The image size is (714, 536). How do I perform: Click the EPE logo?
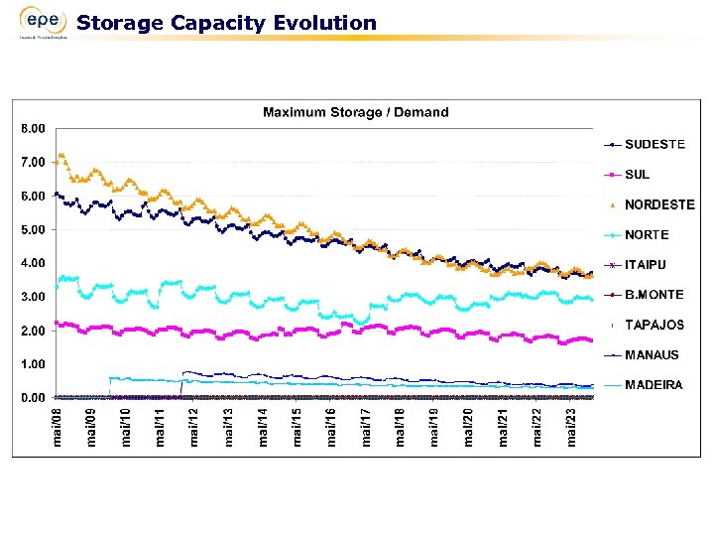(x=42, y=23)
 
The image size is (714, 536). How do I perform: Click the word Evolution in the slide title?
(x=328, y=22)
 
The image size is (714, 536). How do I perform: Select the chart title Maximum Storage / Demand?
(x=355, y=112)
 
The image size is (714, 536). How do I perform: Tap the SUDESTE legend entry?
(x=654, y=144)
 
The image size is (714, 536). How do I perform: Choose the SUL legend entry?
(x=638, y=175)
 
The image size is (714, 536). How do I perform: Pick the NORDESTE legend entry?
(x=658, y=204)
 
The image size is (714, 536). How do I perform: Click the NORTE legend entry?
(x=646, y=235)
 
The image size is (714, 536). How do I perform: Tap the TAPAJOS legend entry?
(x=654, y=325)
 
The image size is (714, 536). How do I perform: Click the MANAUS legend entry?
(x=652, y=354)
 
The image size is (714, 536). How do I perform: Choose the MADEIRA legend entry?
(x=653, y=385)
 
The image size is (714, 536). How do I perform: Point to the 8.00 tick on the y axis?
(x=33, y=128)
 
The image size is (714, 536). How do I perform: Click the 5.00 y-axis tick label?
(x=33, y=229)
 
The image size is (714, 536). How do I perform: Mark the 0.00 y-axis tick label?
(x=33, y=398)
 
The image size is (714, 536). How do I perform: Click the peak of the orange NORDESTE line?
(x=61, y=155)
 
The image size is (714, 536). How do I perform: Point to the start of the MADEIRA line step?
(x=109, y=378)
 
